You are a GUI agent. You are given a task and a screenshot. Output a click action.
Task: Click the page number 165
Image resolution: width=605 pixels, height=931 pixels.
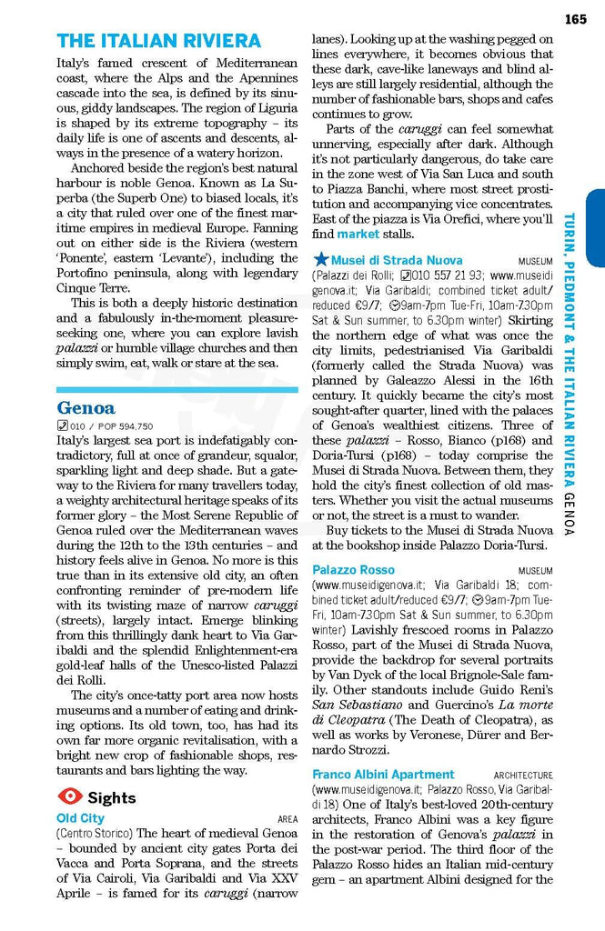576,19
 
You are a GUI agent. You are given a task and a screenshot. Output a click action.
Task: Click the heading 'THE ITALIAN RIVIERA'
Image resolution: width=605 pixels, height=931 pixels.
158,41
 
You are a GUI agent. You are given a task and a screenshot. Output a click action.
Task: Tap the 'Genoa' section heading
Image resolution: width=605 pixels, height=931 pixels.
86,407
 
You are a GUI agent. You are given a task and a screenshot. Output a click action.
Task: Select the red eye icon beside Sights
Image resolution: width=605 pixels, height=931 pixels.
69,797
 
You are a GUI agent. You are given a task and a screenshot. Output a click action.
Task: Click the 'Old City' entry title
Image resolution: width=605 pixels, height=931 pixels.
80,818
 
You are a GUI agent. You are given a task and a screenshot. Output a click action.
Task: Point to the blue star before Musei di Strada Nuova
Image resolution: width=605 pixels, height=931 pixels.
320,260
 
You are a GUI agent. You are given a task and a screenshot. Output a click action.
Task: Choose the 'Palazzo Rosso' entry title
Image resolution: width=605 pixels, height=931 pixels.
353,570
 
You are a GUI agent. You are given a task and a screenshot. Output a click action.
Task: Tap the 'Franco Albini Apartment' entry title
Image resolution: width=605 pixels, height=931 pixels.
383,775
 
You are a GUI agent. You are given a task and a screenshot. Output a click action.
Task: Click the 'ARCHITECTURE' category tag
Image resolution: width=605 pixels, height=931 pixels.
523,776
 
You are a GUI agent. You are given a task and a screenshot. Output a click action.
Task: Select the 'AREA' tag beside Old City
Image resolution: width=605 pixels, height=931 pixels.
287,819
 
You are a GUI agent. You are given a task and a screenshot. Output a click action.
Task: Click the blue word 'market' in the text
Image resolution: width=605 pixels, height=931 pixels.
358,235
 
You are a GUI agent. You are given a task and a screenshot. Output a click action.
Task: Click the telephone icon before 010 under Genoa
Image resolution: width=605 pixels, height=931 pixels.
62,426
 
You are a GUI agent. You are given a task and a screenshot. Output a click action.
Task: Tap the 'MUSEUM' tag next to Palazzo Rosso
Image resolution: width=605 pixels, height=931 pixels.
535,571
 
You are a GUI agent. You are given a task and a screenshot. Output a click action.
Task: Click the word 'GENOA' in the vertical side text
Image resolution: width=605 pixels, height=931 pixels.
569,514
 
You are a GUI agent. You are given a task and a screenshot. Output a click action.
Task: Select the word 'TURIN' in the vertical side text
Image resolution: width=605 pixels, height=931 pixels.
569,231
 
